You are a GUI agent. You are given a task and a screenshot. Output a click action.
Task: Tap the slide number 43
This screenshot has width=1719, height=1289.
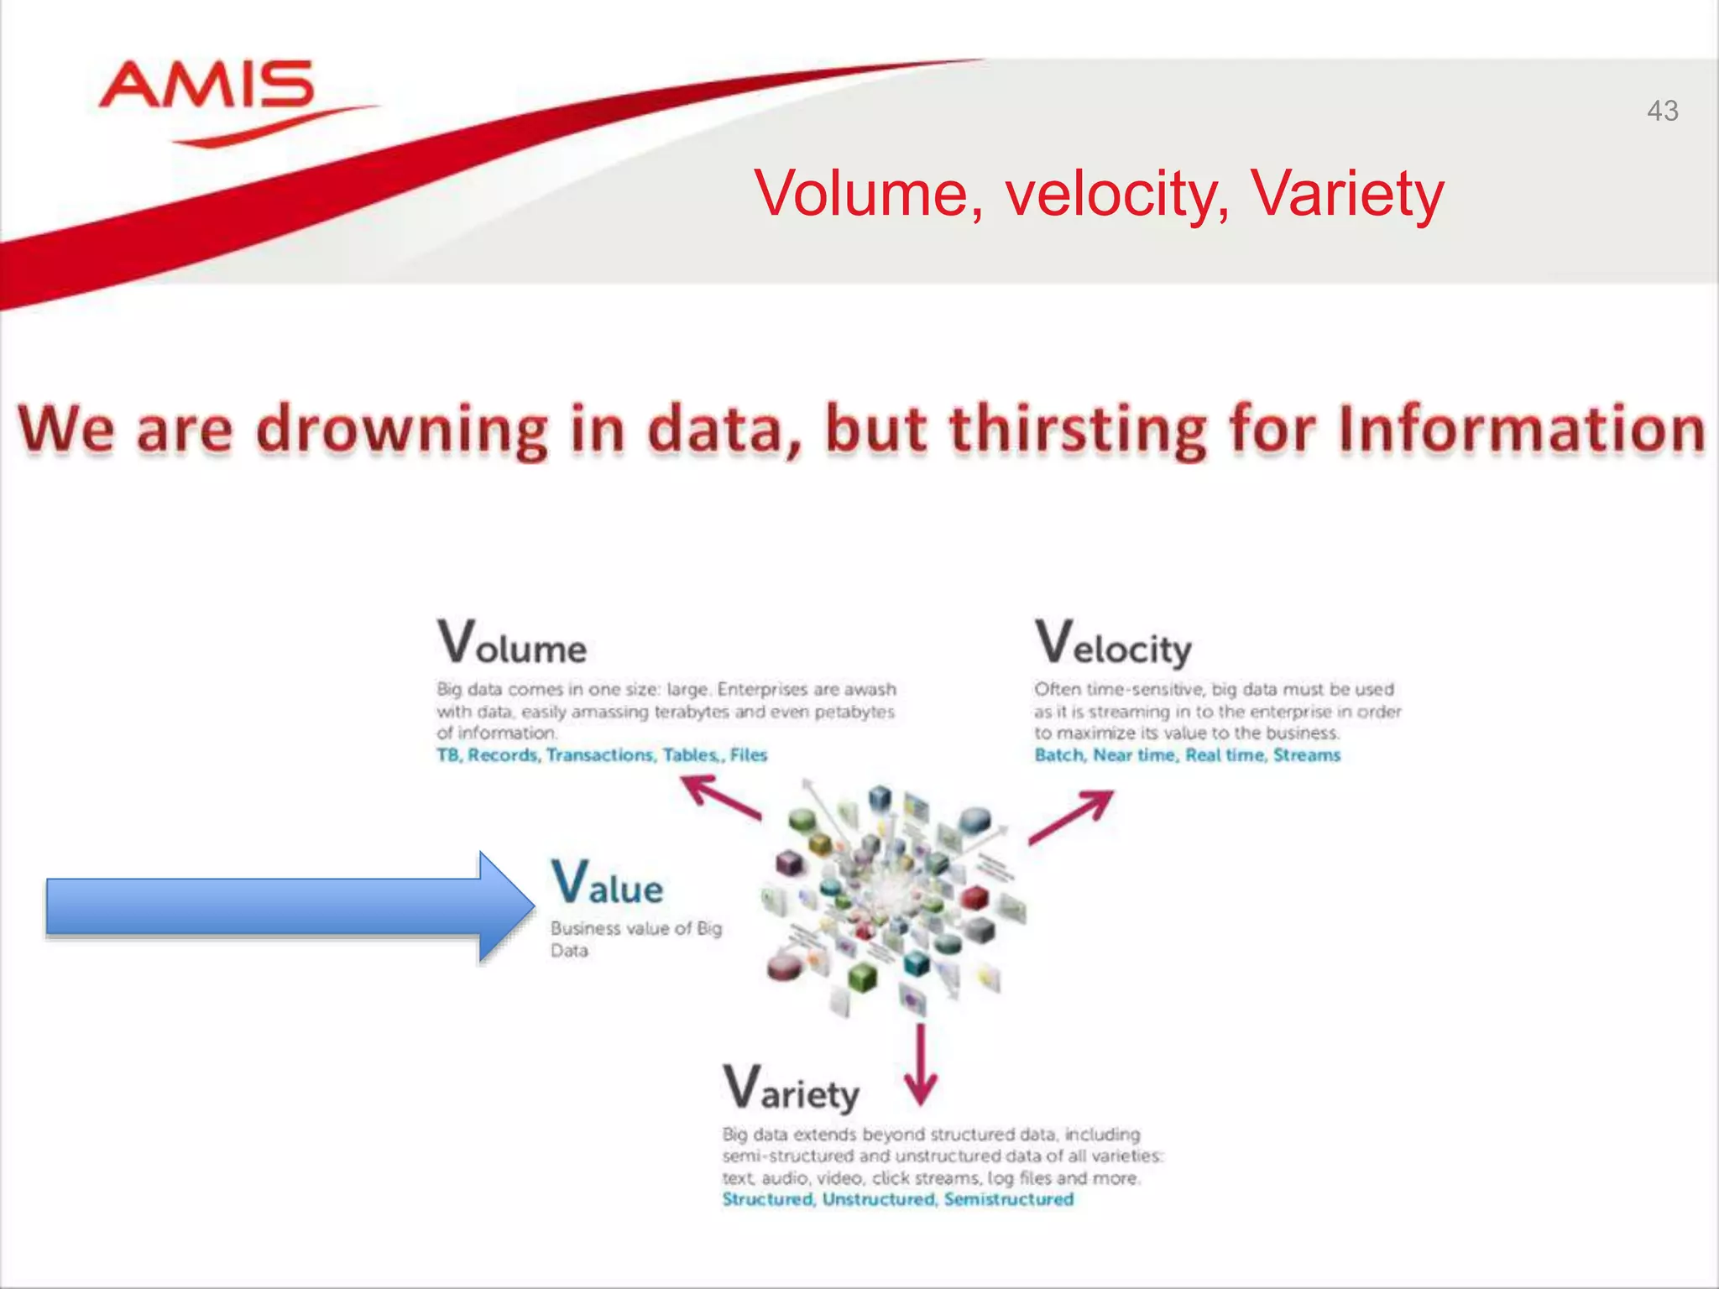1662,111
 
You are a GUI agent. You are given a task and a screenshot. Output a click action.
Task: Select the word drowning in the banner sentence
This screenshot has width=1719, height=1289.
401,430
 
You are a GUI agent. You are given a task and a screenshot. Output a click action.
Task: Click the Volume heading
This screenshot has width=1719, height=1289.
511,643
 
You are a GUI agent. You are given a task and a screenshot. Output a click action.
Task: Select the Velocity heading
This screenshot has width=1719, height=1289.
1112,644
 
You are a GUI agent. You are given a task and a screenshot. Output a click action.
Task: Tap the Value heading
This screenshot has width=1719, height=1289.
607,884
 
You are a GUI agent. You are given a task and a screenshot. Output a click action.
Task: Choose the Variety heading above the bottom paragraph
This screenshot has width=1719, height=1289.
791,1088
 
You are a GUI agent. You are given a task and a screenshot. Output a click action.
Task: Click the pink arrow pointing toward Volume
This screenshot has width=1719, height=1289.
720,796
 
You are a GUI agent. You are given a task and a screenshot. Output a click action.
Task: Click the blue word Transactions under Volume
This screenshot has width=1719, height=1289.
599,755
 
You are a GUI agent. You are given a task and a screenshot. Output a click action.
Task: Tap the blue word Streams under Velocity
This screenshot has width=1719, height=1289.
1306,755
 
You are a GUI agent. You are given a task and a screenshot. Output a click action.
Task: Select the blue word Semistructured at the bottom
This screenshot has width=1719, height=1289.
1008,1199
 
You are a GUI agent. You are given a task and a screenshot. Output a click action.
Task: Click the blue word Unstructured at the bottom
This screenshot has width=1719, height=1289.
878,1199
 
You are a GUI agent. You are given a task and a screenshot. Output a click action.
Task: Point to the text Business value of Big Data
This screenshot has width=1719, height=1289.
635,938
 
